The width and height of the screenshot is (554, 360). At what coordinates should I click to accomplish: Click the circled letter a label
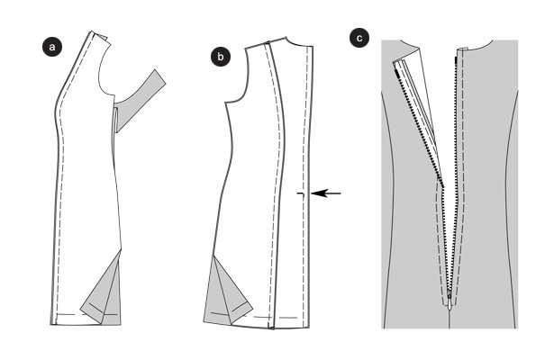click(52, 47)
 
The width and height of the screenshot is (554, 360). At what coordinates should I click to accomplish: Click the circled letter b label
click(221, 57)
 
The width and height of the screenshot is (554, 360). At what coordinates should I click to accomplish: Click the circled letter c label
click(359, 38)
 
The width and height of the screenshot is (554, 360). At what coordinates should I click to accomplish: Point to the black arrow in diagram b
click(326, 193)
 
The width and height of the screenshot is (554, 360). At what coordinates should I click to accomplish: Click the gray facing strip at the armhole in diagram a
click(141, 100)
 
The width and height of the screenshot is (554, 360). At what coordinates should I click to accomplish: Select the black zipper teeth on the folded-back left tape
click(420, 128)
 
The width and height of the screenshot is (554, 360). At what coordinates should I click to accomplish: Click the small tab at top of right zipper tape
click(462, 49)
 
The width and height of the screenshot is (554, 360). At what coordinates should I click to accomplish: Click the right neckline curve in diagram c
click(480, 46)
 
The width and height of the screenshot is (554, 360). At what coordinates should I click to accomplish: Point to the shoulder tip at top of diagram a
click(92, 31)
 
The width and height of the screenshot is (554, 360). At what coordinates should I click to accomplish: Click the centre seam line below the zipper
click(450, 319)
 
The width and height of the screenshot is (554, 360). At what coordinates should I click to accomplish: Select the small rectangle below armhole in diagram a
click(116, 121)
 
